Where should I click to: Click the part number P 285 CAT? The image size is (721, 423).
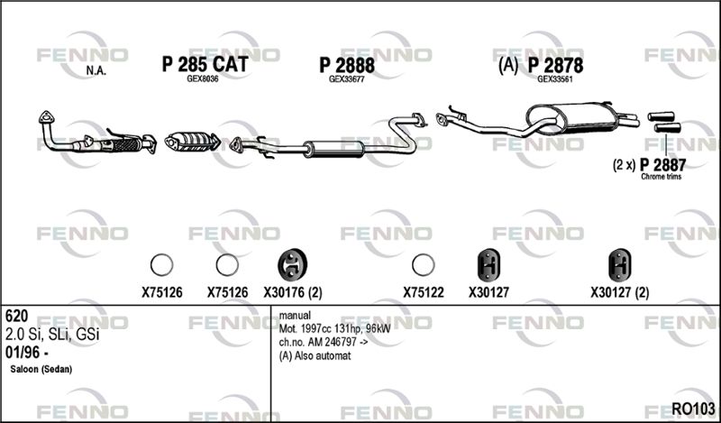[205, 64]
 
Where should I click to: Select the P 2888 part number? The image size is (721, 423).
[347, 65]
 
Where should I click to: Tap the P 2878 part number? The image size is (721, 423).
[555, 65]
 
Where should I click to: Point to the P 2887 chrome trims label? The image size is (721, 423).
[662, 165]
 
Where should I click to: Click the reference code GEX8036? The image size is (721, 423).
[202, 78]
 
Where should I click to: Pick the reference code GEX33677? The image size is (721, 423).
[347, 79]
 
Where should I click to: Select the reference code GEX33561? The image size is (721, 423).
[555, 79]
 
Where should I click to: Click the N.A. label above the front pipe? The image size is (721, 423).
[96, 71]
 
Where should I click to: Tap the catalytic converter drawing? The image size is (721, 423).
[192, 141]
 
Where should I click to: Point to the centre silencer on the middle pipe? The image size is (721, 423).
[333, 149]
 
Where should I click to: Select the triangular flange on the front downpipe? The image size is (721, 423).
[46, 117]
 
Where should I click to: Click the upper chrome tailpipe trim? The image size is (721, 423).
[661, 116]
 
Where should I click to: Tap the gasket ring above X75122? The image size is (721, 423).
[423, 265]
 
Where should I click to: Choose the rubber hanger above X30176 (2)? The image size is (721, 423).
[292, 265]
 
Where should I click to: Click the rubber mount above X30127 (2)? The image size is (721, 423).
[620, 265]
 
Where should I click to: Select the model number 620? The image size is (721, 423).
[16, 317]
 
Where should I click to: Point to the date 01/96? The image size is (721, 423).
[26, 353]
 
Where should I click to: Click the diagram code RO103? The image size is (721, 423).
[693, 409]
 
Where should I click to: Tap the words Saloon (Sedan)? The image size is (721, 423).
[41, 369]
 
